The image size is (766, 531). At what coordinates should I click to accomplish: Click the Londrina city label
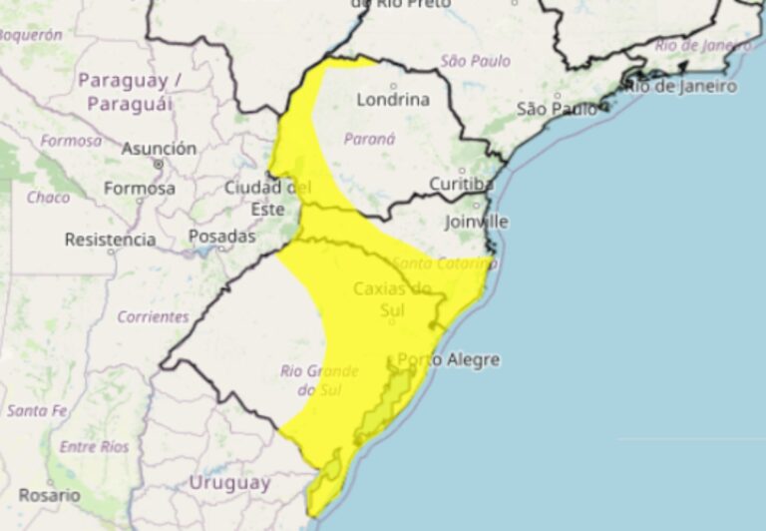click(x=393, y=100)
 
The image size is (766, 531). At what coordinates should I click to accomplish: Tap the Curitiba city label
click(x=462, y=184)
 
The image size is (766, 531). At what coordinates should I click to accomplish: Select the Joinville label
click(x=476, y=221)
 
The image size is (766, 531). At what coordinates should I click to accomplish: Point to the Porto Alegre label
click(x=448, y=359)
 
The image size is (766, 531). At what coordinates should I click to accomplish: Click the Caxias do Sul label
click(x=392, y=298)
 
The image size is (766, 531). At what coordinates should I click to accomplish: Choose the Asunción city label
click(x=159, y=149)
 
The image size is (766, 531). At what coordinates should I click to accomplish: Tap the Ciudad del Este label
click(x=267, y=198)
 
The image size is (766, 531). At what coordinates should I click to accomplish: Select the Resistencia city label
click(x=110, y=240)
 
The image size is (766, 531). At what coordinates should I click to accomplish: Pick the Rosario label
click(x=47, y=495)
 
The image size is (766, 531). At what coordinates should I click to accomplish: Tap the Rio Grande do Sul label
click(x=311, y=380)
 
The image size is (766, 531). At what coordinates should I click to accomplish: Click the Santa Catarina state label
click(x=442, y=265)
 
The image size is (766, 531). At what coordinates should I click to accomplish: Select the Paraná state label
click(x=370, y=139)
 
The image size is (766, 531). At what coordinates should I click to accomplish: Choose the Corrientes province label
click(x=153, y=316)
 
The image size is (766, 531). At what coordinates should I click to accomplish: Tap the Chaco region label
click(x=48, y=198)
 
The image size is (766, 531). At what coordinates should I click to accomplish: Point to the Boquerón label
click(x=29, y=35)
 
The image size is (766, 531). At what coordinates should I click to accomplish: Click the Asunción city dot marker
click(x=159, y=163)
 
